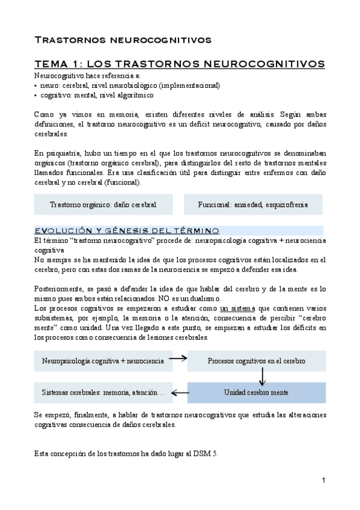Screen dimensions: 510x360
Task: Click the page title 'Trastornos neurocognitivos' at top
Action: [123, 40]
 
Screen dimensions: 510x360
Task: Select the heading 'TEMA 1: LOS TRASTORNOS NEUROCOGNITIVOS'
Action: [180, 64]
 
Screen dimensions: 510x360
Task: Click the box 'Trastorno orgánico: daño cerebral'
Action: [103, 204]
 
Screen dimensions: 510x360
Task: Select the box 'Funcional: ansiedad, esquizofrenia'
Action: [252, 204]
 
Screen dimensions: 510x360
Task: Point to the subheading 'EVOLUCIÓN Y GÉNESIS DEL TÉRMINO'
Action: [127, 231]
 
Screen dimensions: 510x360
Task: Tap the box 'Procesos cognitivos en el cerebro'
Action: [257, 361]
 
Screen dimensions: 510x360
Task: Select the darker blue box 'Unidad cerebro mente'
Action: [257, 392]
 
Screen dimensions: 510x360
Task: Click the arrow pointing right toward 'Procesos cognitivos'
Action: [177, 358]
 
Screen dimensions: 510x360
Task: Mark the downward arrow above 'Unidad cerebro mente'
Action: [262, 376]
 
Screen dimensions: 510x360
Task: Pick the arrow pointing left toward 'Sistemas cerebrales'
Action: [180, 392]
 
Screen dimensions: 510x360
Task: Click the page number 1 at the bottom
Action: [323, 481]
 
